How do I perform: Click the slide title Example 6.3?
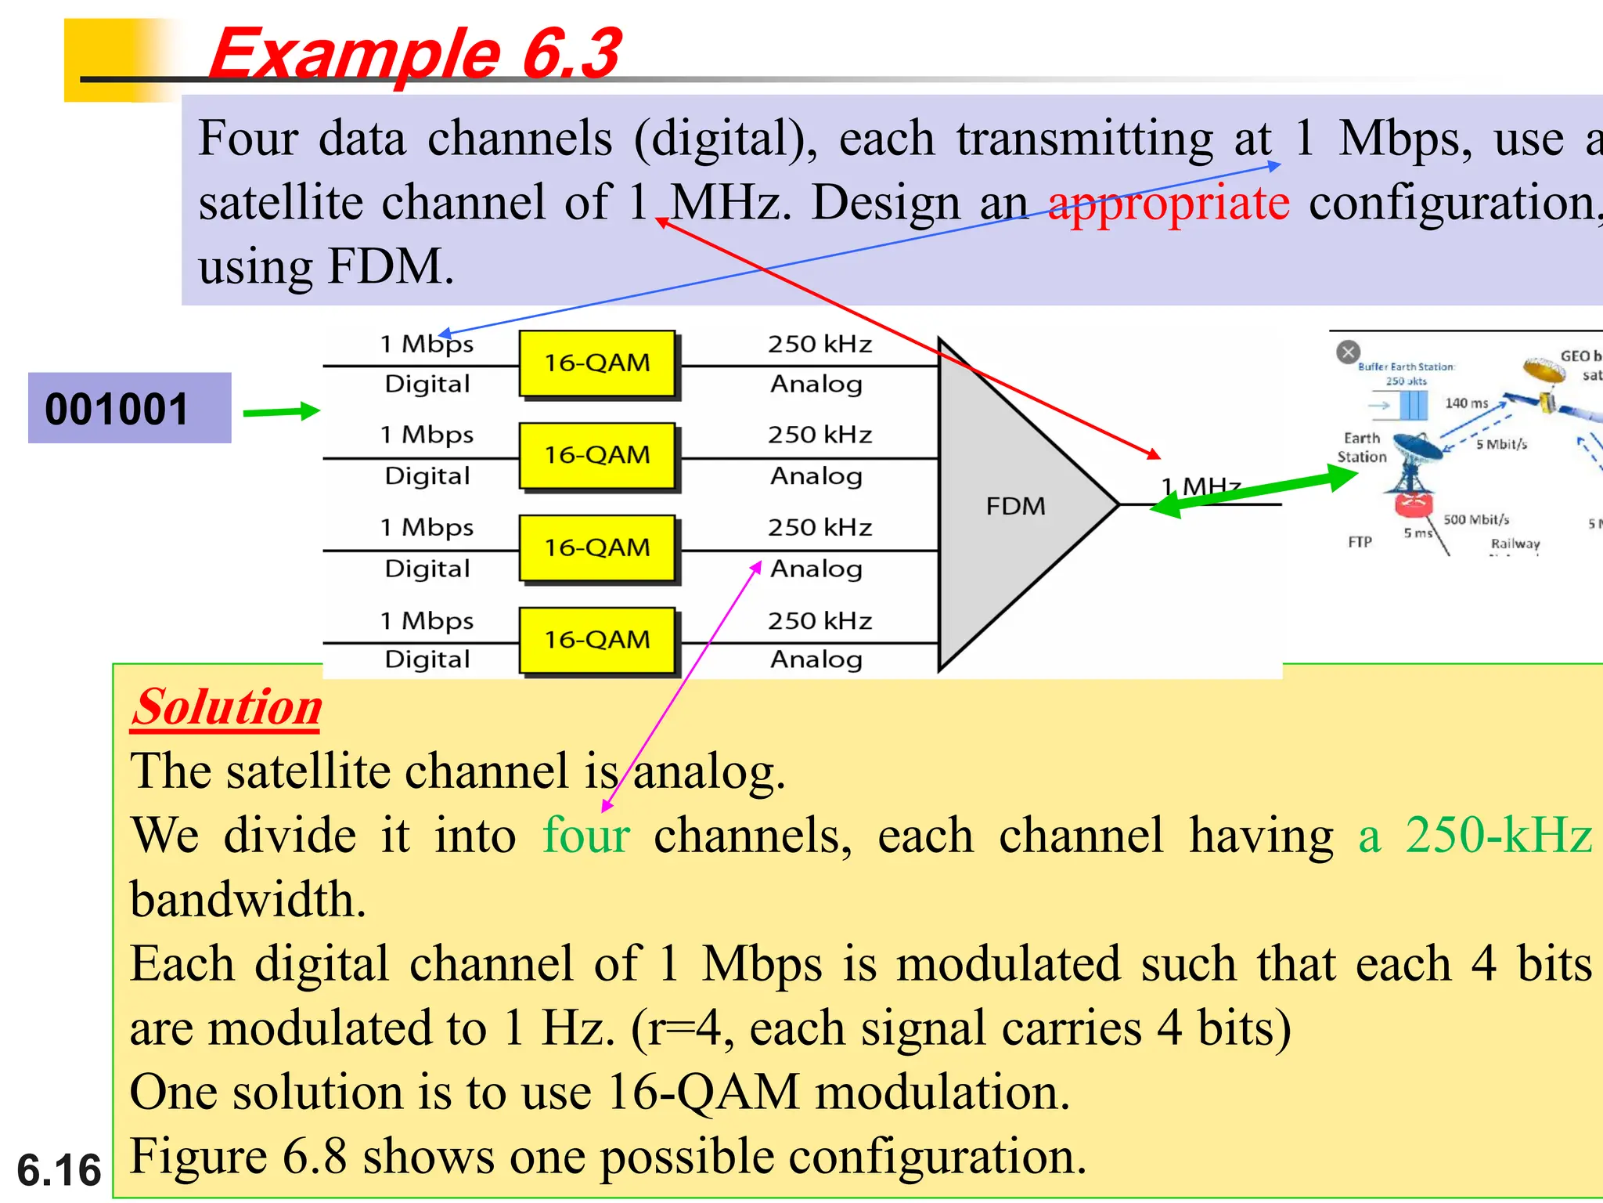415,53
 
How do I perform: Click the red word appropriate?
1169,204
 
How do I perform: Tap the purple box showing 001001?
129,408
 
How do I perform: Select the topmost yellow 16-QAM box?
597,363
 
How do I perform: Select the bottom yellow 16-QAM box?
597,640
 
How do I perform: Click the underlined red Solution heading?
226,707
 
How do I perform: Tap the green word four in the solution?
586,835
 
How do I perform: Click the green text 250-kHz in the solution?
1498,835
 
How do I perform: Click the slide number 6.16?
59,1170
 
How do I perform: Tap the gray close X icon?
1348,352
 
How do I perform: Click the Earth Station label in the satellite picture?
1361,447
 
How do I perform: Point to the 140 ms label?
1466,403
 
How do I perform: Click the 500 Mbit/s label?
1475,519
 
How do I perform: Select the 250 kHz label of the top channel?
820,344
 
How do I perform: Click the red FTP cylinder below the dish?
1413,505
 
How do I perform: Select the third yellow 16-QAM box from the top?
597,547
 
